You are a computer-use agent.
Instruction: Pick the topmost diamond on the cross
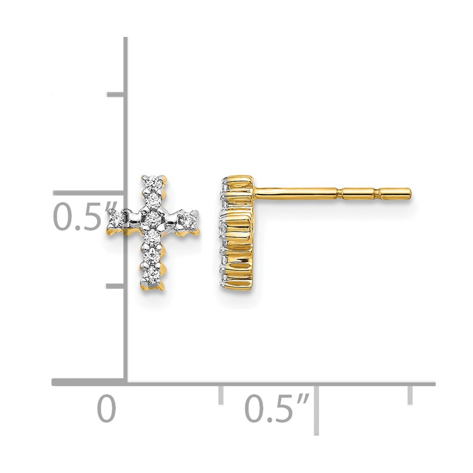[x=153, y=182]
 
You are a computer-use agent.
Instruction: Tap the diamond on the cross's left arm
[x=116, y=218]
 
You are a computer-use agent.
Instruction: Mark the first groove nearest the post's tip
[x=377, y=193]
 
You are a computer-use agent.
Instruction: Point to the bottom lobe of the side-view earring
[x=238, y=272]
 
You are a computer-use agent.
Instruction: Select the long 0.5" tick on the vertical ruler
[x=95, y=193]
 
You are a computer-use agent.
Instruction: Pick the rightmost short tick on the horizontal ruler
[x=410, y=394]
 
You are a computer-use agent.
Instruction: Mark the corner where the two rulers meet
[x=126, y=382]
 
